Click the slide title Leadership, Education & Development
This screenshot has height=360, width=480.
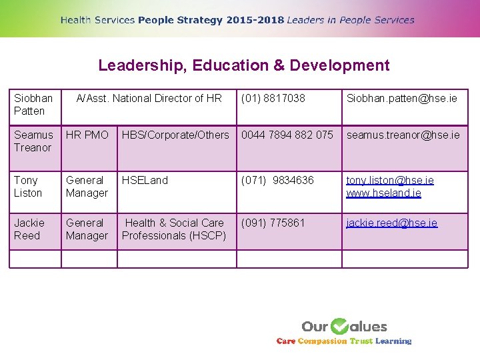click(243, 65)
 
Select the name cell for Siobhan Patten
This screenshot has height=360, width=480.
click(33, 105)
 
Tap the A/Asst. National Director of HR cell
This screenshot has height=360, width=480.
click(149, 99)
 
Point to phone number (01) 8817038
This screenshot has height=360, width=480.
click(273, 99)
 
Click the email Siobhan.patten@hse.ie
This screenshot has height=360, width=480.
click(401, 99)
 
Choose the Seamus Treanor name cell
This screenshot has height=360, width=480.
click(33, 141)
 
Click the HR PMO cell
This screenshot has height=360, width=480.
click(87, 135)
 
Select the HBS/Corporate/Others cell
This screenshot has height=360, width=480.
click(175, 135)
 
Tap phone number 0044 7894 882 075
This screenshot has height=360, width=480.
click(287, 135)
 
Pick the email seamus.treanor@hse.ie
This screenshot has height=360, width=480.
click(403, 135)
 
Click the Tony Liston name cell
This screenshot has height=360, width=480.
click(28, 187)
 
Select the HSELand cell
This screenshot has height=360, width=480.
click(145, 181)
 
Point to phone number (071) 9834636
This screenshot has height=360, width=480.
click(277, 181)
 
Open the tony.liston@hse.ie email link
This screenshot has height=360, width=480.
click(390, 181)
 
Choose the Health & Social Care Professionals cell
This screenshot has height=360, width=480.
click(174, 229)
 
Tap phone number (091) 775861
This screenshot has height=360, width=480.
click(273, 223)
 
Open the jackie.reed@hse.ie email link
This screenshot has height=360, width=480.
click(392, 223)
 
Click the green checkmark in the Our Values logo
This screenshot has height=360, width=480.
click(339, 326)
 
